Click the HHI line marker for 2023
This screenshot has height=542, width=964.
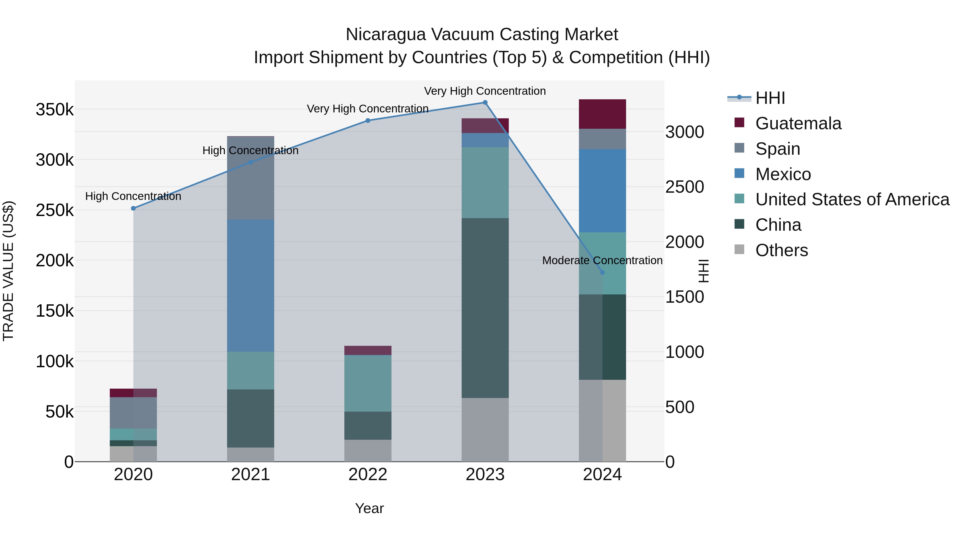485,103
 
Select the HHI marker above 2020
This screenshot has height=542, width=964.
133,208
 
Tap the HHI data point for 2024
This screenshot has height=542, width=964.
602,272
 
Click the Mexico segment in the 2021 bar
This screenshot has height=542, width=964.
250,285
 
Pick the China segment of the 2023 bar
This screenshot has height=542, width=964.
485,308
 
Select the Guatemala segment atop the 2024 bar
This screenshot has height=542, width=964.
602,114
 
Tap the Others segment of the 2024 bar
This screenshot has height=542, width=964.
602,420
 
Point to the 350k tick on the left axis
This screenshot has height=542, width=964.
55,110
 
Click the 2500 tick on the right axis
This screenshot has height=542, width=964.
684,187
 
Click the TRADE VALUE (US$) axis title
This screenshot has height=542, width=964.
8,271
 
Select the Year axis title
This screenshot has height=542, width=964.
369,508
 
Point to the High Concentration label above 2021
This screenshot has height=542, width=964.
250,150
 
